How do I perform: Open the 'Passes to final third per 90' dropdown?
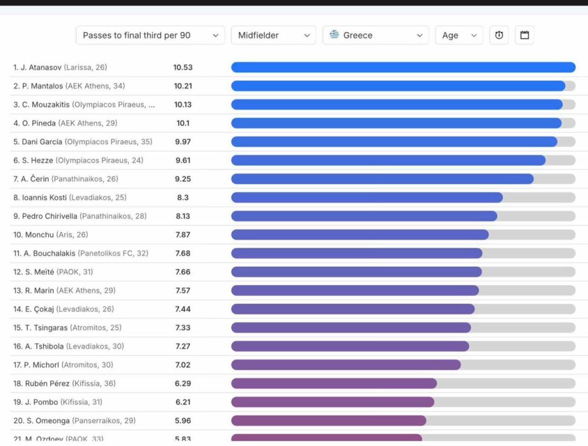tap(150, 35)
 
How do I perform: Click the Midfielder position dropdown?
tap(273, 35)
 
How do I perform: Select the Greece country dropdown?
tap(376, 35)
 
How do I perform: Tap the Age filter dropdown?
tap(459, 35)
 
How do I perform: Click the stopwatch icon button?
tap(499, 35)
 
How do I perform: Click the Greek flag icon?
tap(334, 34)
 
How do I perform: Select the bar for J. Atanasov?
tap(403, 67)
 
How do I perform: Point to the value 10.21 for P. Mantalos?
tap(183, 86)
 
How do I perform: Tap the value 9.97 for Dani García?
tap(183, 142)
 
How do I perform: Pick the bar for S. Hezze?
tap(388, 160)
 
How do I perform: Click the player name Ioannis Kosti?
tap(45, 197)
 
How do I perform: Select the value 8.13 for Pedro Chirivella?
tap(183, 216)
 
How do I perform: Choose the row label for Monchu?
tap(51, 235)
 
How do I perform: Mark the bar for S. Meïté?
tap(356, 272)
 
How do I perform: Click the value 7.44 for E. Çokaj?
tap(183, 309)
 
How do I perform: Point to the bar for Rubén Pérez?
tap(334, 383)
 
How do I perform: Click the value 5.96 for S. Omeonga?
tap(183, 421)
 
